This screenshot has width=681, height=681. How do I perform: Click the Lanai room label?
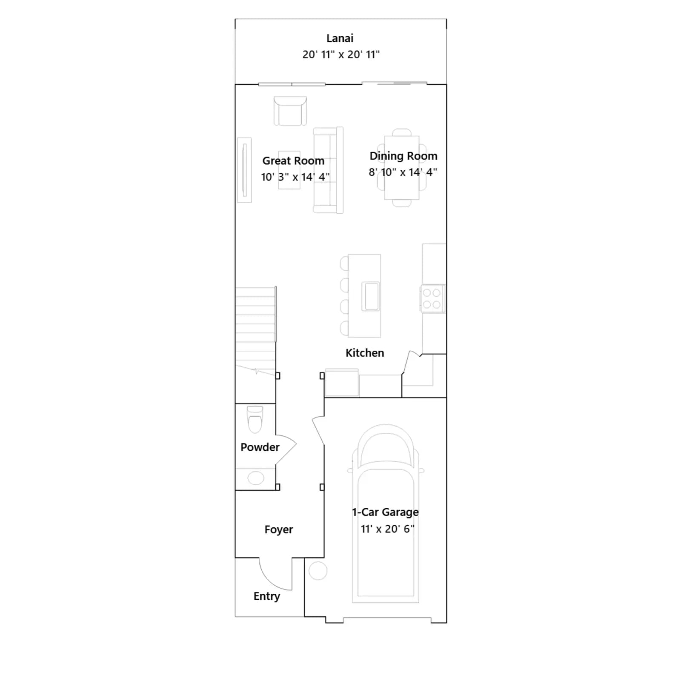(x=340, y=38)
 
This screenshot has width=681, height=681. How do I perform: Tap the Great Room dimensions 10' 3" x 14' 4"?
(x=295, y=177)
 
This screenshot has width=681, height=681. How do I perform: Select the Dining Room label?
(x=403, y=156)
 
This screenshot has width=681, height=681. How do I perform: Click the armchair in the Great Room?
(x=290, y=111)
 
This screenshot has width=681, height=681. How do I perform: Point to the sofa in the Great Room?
(x=328, y=170)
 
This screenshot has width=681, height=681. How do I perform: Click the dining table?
(x=401, y=168)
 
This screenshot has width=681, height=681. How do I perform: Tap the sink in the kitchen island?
(x=371, y=296)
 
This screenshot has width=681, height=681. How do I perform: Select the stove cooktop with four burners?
(x=432, y=298)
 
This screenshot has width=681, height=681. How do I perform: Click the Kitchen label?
(x=365, y=353)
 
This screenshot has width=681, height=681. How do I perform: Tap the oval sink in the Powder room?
(x=256, y=478)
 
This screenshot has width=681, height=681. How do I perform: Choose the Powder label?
(x=260, y=447)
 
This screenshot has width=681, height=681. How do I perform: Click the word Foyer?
(x=279, y=529)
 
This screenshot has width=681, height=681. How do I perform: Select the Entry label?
(x=267, y=596)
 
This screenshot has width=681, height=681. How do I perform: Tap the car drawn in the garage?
(x=386, y=513)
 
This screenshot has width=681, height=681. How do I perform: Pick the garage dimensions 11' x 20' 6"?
(x=387, y=529)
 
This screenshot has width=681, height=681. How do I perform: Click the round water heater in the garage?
(x=318, y=571)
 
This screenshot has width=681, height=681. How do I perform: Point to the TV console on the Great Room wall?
(x=244, y=170)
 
